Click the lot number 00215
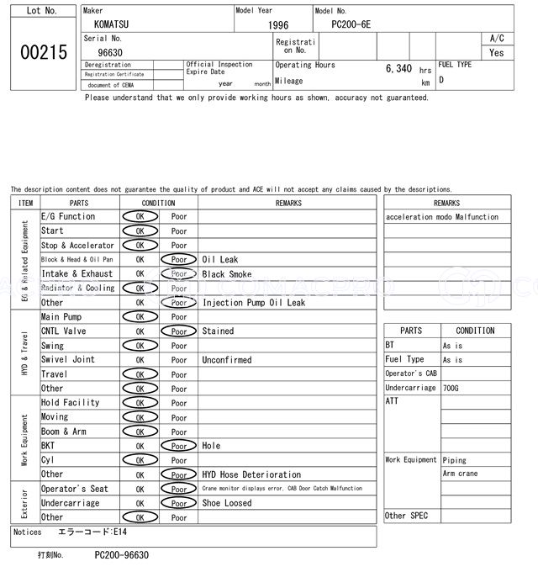click(x=42, y=52)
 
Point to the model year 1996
click(x=278, y=25)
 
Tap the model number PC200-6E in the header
click(x=351, y=24)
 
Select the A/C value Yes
click(x=497, y=52)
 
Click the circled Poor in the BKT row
click(x=178, y=446)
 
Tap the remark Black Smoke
click(x=227, y=274)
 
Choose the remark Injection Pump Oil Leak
click(x=254, y=303)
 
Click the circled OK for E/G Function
click(x=140, y=217)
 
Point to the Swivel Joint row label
click(x=68, y=360)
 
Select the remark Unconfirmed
click(x=227, y=360)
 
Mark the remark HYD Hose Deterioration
click(x=251, y=474)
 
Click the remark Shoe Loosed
click(x=227, y=503)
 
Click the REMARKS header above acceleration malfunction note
click(x=447, y=203)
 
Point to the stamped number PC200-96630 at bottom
click(x=122, y=555)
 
